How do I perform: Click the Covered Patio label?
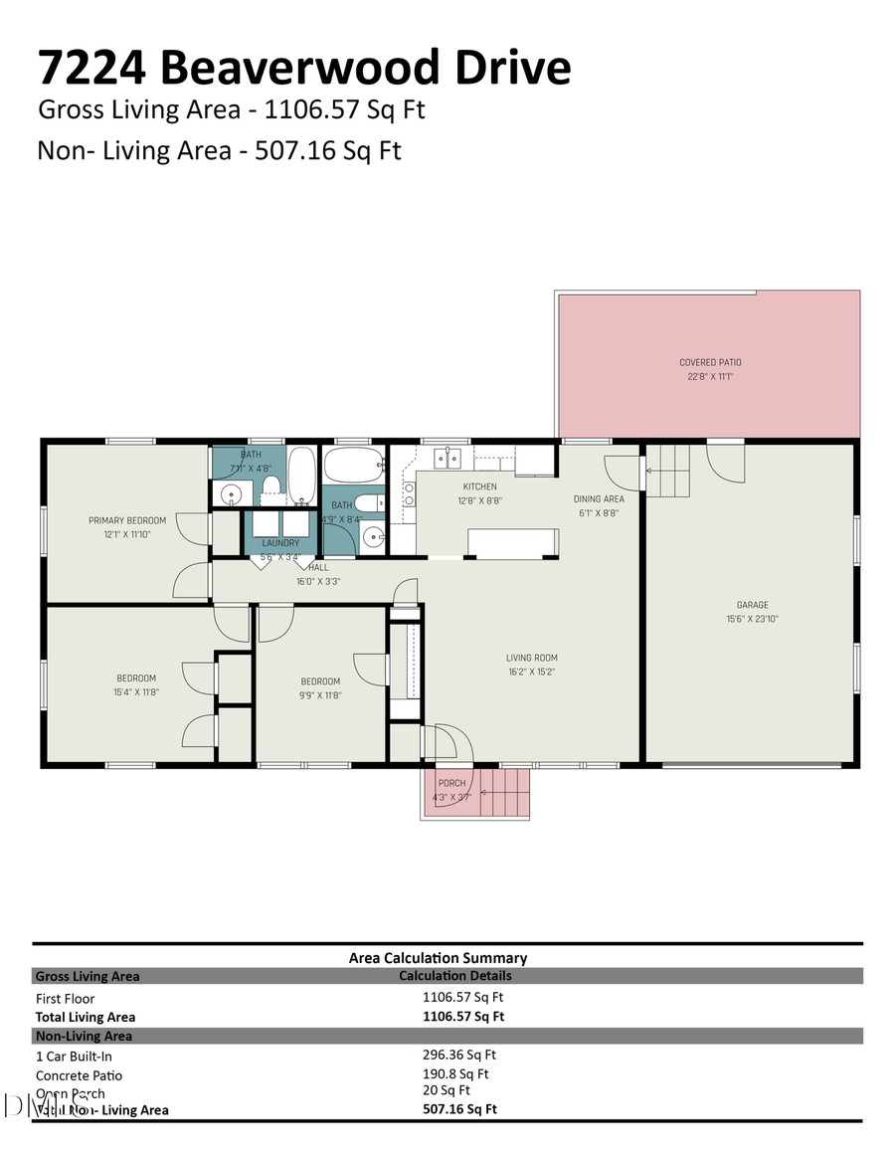point(710,362)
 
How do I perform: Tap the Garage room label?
point(752,604)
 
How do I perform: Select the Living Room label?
point(531,657)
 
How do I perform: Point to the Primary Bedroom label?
point(126,520)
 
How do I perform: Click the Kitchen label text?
point(478,486)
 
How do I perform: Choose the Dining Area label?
point(599,498)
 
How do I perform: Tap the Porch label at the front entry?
point(451,783)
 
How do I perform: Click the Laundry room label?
point(280,543)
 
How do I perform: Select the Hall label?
point(318,567)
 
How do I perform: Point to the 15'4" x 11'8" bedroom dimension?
point(135,691)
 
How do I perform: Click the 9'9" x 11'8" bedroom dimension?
point(320,695)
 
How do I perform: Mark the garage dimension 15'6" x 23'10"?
point(752,618)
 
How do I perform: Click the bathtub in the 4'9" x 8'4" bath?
point(354,464)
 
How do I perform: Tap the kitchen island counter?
point(513,542)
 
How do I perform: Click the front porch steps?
point(506,793)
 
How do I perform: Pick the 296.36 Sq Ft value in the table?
point(458,1055)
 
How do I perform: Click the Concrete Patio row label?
point(79,1075)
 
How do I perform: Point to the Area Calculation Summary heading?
point(438,958)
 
